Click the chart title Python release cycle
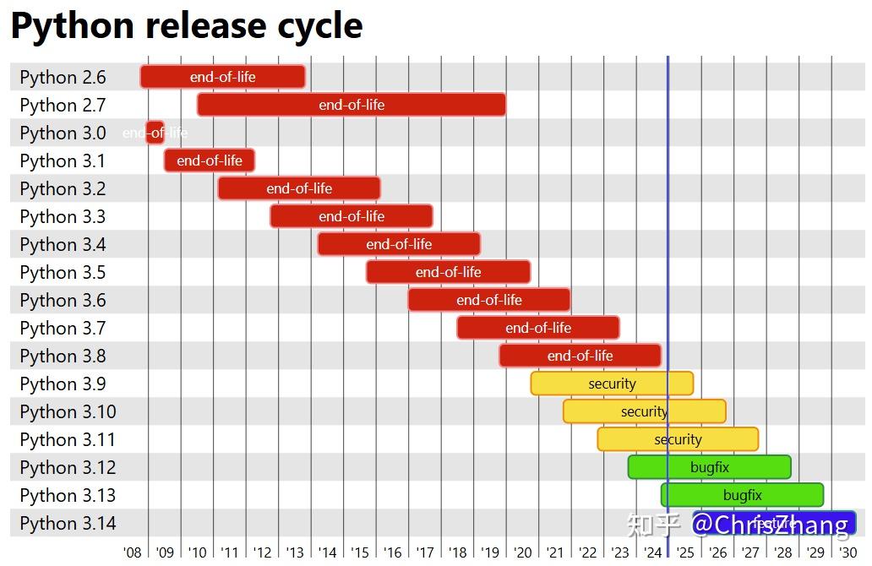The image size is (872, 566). [187, 25]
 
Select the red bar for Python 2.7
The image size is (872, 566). [352, 105]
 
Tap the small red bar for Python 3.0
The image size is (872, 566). [155, 133]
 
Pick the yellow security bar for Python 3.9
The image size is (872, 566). [612, 384]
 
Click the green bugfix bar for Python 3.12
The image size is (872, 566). [709, 467]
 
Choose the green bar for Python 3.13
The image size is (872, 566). [742, 495]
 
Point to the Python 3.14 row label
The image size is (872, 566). [68, 523]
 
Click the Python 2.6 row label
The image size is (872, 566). [63, 77]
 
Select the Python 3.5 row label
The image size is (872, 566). [63, 272]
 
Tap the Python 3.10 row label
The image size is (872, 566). [68, 411]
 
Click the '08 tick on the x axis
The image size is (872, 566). [132, 552]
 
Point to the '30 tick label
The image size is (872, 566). [847, 552]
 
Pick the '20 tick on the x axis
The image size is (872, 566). [523, 552]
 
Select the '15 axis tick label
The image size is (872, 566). [360, 552]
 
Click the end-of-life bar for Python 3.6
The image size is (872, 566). [489, 300]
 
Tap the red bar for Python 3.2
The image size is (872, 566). [299, 188]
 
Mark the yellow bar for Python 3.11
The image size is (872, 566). [678, 439]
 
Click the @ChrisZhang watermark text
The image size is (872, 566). [770, 525]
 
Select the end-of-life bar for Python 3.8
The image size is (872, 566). [580, 356]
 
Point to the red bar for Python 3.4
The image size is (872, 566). [399, 244]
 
